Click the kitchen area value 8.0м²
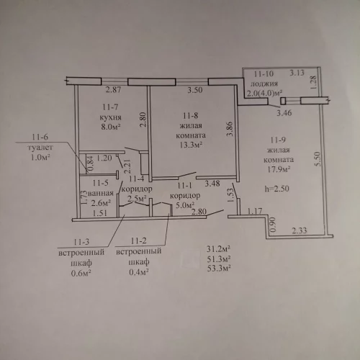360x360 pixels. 111,127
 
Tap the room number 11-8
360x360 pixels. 190,116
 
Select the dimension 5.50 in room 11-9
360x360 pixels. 318,158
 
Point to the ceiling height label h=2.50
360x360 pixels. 276,189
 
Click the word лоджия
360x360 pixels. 264,84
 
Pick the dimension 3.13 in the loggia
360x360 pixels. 297,73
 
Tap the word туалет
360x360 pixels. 40,147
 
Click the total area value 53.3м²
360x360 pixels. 219,268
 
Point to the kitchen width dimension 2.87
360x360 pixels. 114,90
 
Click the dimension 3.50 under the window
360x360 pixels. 195,90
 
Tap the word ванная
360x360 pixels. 101,193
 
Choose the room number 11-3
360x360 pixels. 81,242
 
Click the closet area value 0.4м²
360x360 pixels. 139,272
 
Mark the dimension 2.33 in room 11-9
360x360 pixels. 300,230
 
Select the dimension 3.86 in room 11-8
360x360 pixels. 230,129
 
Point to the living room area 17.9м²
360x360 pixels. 279,169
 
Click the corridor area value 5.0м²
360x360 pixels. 184,205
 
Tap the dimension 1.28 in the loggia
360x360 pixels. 313,83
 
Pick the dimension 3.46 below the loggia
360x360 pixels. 284,113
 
